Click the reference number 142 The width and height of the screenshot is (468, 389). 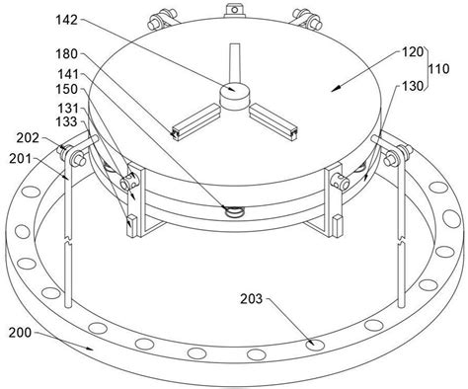pyautogui.click(x=66, y=20)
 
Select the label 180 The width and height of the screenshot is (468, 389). pyautogui.click(x=66, y=53)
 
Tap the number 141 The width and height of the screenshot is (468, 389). pyautogui.click(x=68, y=74)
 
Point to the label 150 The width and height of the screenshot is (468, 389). pyautogui.click(x=66, y=89)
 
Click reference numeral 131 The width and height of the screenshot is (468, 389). pyautogui.click(x=68, y=109)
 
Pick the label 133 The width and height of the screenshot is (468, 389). pyautogui.click(x=66, y=121)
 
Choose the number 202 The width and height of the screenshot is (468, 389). pyautogui.click(x=28, y=138)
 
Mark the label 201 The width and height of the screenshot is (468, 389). pyautogui.click(x=20, y=159)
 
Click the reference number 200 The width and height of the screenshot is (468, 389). pyautogui.click(x=20, y=333)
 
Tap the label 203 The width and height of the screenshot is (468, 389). pyautogui.click(x=252, y=299)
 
